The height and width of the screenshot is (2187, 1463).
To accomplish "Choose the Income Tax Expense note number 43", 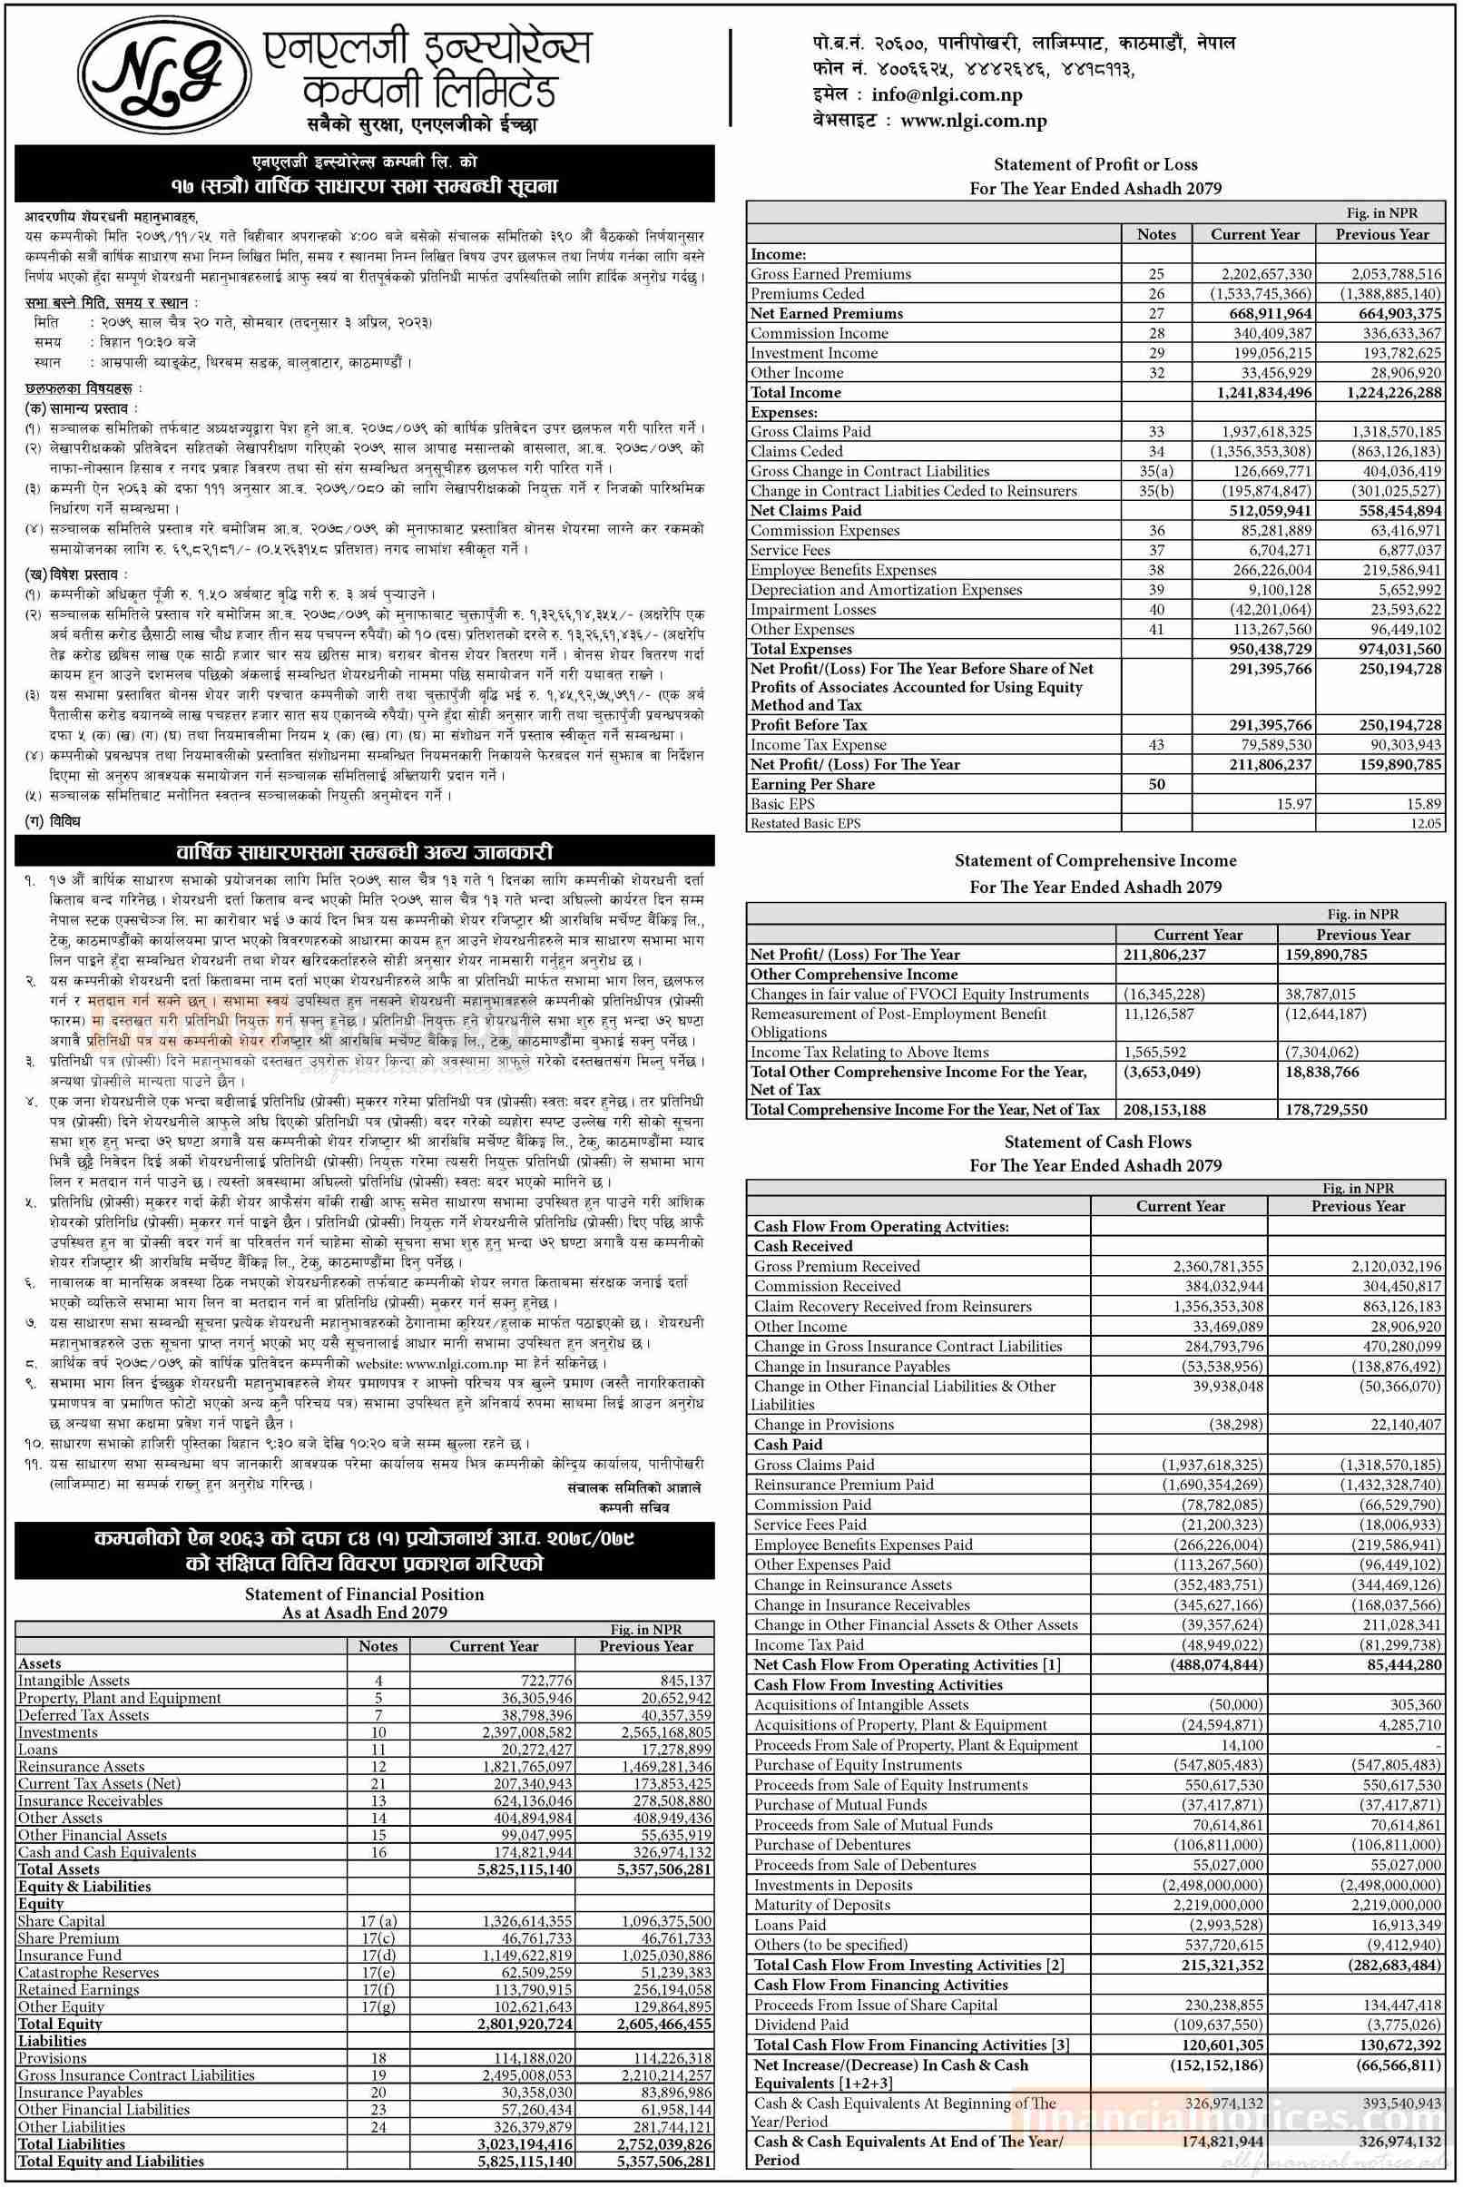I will coord(1156,744).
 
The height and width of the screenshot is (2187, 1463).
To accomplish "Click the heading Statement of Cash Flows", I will coord(1097,1141).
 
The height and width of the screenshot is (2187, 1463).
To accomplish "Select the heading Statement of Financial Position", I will coord(364,1594).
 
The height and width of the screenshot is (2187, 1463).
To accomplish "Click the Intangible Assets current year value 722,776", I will coord(546,1680).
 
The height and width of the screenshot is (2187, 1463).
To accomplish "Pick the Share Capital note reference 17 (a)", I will coord(378,1920).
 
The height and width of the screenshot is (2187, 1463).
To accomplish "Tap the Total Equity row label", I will coord(60,2023).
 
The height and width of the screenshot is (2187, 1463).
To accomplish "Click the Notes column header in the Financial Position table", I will coord(378,1646).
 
